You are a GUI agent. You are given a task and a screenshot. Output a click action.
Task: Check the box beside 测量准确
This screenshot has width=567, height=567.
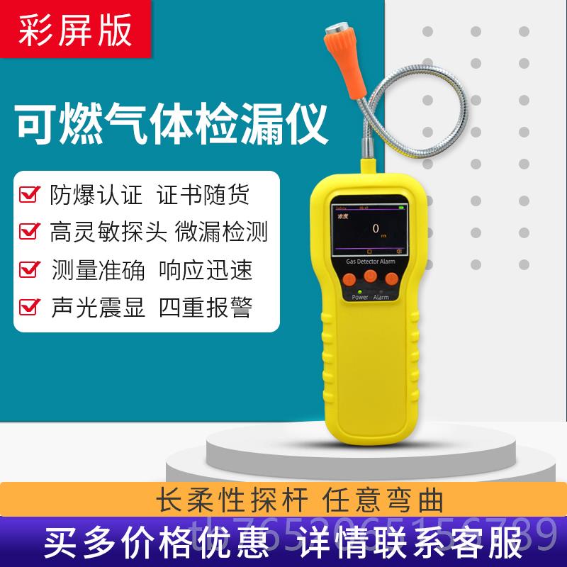point(28,270)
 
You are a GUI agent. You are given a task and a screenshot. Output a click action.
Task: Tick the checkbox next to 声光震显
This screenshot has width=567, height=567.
point(28,308)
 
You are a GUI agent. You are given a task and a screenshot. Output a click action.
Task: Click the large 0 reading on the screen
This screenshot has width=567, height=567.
point(375,228)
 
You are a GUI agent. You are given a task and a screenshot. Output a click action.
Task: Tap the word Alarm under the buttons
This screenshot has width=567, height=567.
point(381,298)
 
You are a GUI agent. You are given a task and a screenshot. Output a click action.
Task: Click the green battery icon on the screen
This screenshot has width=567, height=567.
point(403,208)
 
